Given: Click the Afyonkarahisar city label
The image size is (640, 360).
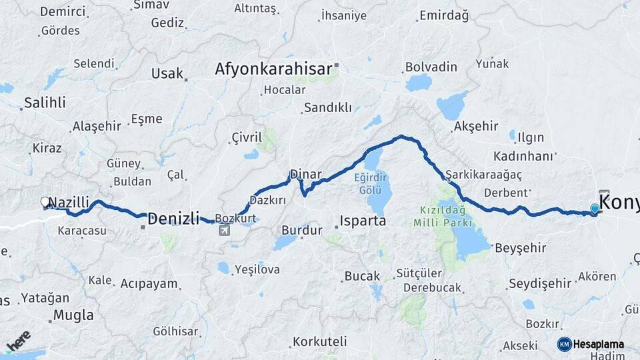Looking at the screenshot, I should [273, 69].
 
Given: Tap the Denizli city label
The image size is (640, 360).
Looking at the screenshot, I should [173, 218].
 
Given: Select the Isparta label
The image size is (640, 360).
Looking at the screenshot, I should [363, 221].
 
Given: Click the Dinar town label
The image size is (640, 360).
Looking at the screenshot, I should [305, 175].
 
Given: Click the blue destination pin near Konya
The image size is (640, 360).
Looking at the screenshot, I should [595, 209].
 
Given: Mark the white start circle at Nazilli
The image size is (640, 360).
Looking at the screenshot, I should [45, 201].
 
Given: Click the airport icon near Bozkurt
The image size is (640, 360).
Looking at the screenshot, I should [224, 231].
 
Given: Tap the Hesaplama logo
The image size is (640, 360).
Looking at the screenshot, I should [590, 344].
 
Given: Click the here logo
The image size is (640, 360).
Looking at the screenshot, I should [19, 341].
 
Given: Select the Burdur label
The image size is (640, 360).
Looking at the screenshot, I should [302, 230].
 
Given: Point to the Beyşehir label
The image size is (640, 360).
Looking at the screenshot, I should [521, 247].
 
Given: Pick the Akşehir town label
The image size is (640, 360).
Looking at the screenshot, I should [475, 127].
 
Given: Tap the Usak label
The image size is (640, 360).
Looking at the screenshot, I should [167, 73].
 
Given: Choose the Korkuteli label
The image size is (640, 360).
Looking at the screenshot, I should [319, 341].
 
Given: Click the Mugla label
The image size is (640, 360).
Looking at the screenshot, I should [73, 315].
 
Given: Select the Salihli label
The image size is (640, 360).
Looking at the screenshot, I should [45, 103].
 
